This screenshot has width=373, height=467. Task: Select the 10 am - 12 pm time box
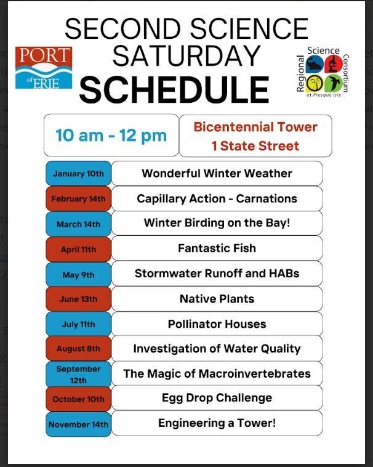coord(111,135)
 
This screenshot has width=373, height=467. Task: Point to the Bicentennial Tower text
coord(255,127)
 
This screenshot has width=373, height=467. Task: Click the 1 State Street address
coord(255,146)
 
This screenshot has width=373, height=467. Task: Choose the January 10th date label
coord(78,174)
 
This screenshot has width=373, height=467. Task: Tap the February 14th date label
coord(78,199)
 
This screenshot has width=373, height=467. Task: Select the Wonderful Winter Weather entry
coord(217,173)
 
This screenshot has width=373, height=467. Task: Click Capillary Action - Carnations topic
coord(217,198)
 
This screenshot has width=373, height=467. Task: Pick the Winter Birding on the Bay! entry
coord(217,223)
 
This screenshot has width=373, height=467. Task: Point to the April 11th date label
coord(78,250)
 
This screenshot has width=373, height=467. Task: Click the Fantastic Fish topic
coord(217,248)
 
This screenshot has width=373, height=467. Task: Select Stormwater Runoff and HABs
coord(217,274)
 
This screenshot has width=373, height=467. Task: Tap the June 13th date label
coord(78,299)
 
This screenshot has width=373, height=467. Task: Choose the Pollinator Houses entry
coord(217,323)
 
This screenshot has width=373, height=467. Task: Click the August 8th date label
coord(78,349)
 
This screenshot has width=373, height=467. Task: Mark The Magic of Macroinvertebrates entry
coord(217,373)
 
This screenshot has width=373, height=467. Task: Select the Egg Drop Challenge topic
coord(217,398)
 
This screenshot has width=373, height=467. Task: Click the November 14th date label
coord(78,424)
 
